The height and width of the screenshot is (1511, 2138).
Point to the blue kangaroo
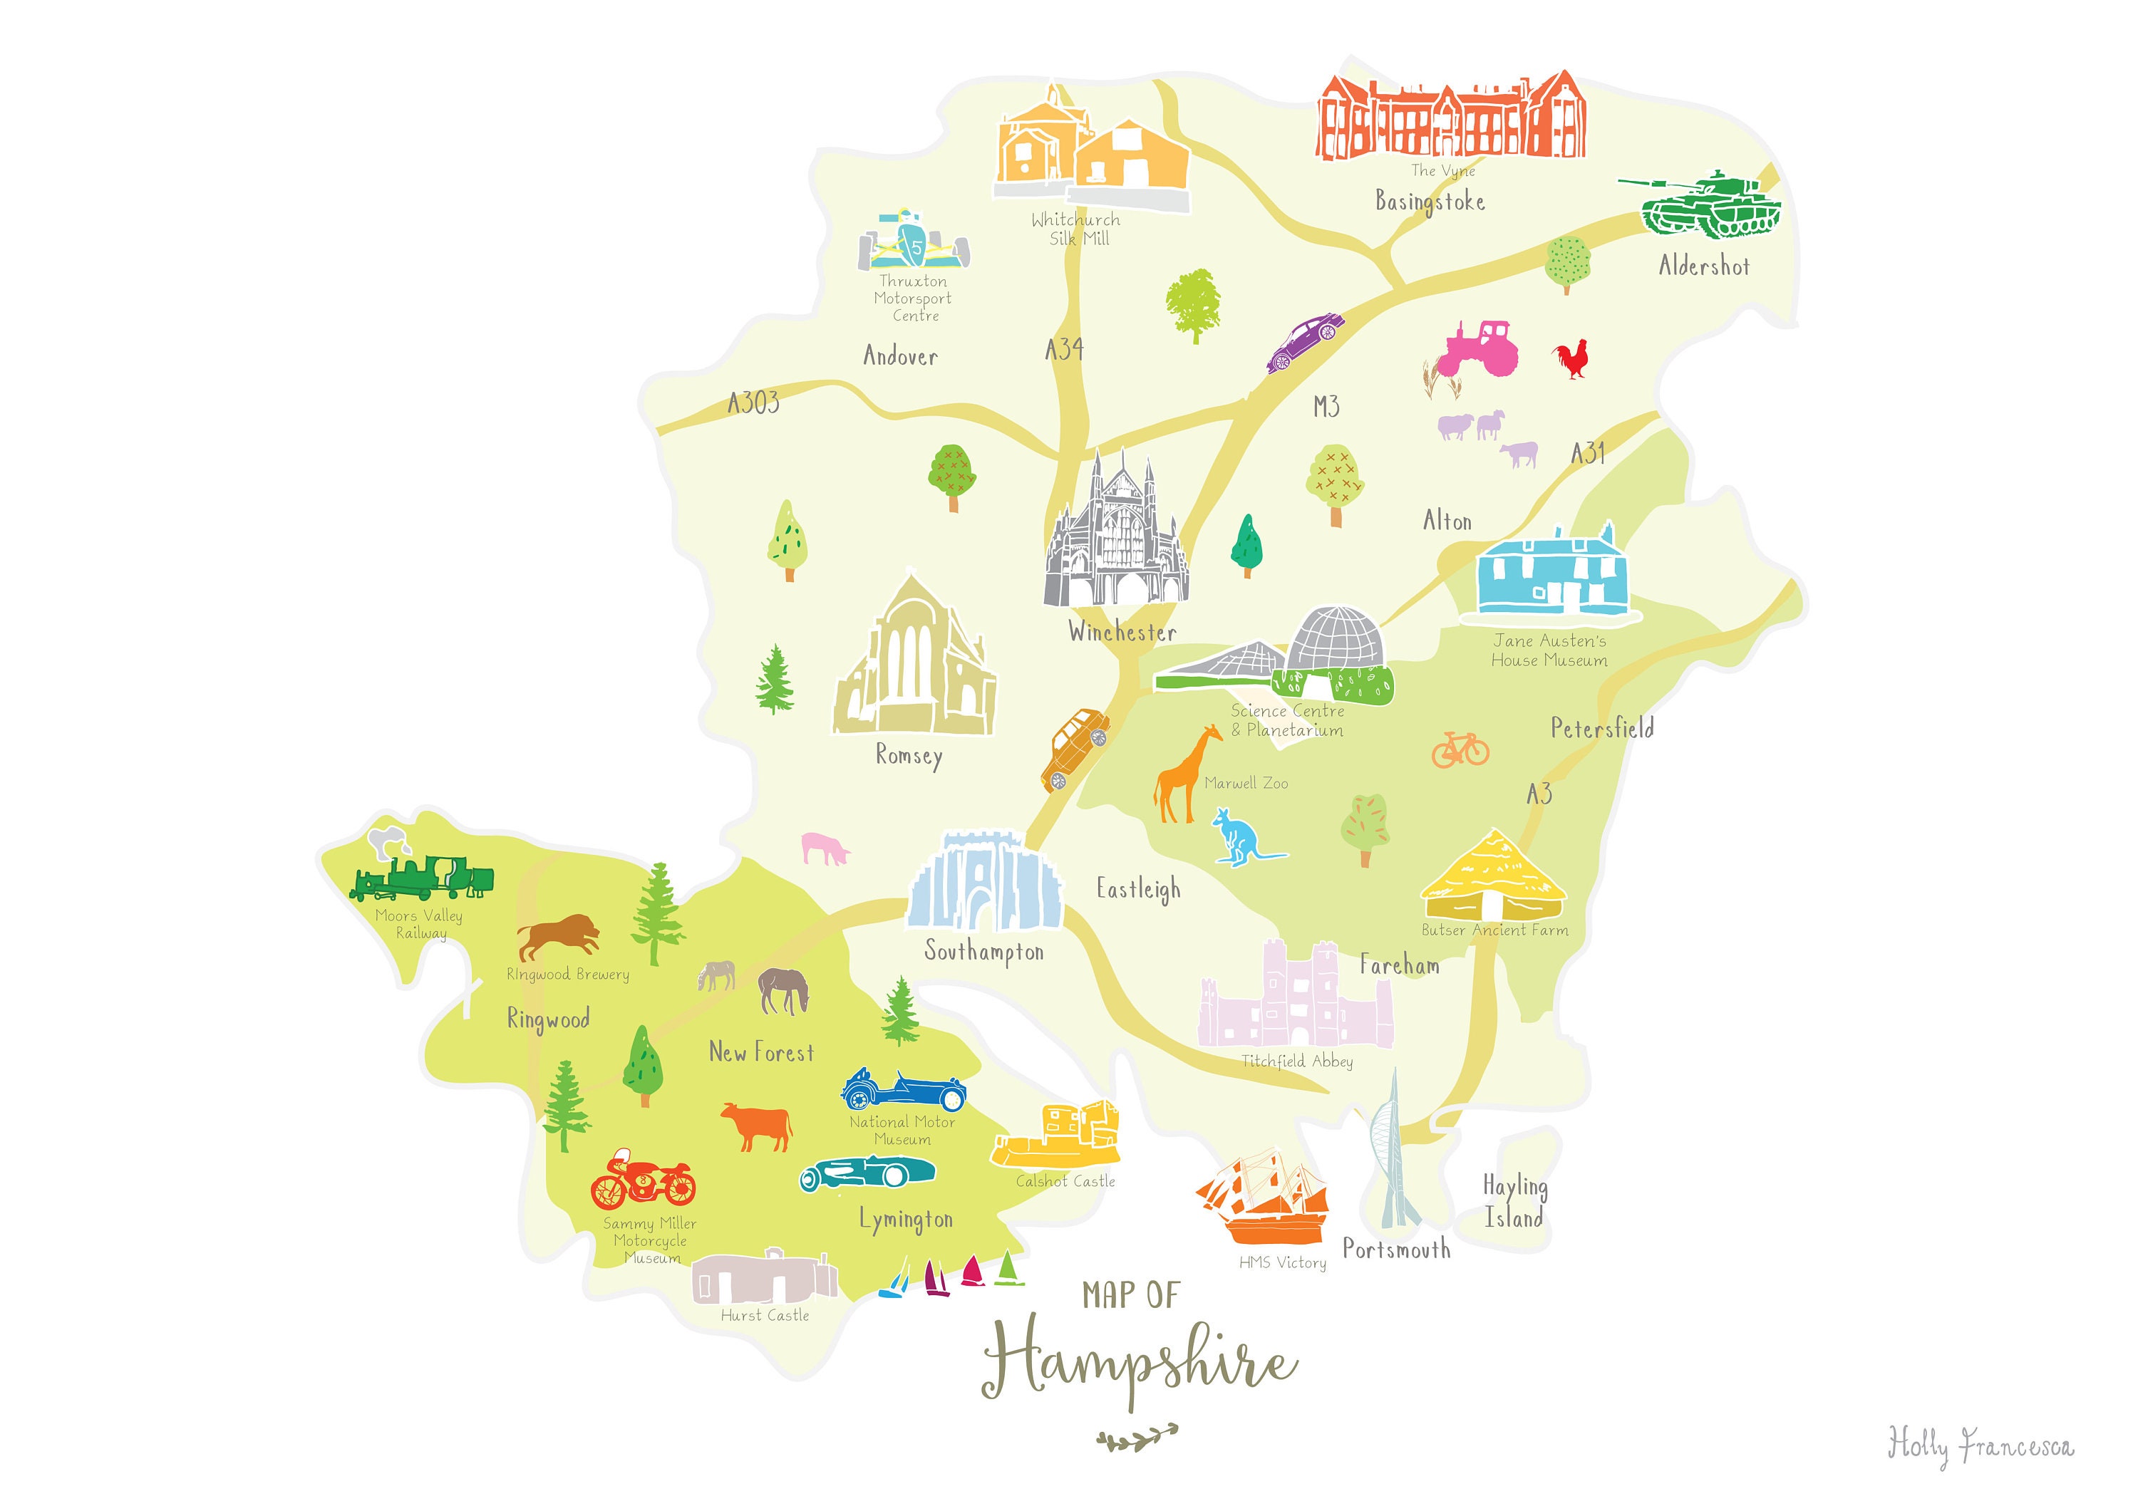coord(1239,837)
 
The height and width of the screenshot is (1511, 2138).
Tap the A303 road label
coord(753,403)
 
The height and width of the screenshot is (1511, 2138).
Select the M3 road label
coord(1326,407)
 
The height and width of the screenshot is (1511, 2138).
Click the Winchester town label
coord(1122,632)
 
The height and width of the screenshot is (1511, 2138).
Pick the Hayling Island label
coord(1514,1202)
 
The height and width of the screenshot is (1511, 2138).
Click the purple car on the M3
coord(1306,342)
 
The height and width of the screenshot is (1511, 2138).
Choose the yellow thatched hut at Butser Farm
coord(1494,878)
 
